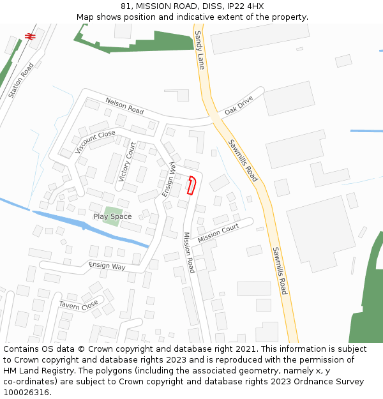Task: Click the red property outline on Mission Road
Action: click(190, 185)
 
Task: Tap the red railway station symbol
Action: click(29, 37)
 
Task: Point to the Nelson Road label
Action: click(124, 106)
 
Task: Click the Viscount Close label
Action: click(95, 142)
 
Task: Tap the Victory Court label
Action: click(127, 162)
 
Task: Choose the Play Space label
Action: click(112, 216)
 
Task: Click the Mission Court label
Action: click(218, 233)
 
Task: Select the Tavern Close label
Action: click(79, 305)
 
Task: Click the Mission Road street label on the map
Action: click(188, 252)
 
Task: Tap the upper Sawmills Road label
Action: click(243, 160)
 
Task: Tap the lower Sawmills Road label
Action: click(280, 271)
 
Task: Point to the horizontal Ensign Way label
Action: click(107, 266)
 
